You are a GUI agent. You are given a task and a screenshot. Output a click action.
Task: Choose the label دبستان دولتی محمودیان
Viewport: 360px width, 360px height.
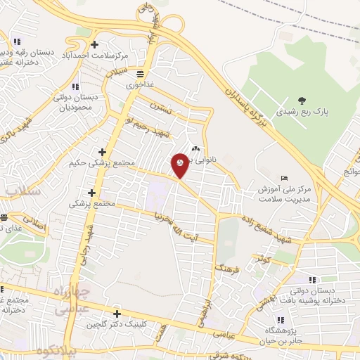coord(74,104)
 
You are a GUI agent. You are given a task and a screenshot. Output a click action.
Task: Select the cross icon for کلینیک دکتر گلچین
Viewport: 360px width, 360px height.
coord(117,314)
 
